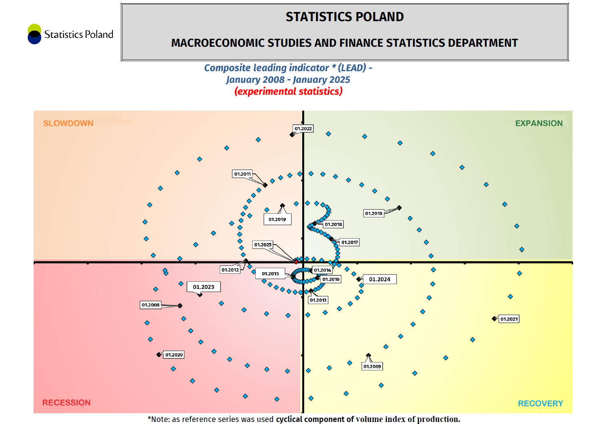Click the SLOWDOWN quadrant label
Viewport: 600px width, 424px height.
point(68,123)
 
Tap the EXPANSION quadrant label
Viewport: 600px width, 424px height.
point(539,123)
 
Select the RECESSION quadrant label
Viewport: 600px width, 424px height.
point(66,402)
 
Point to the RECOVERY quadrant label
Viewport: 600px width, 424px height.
point(540,403)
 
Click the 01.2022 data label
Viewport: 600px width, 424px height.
point(303,129)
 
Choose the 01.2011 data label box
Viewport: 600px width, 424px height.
point(243,174)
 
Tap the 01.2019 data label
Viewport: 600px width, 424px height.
point(277,219)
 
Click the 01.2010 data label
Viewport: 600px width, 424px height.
point(373,213)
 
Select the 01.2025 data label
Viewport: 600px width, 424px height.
point(263,245)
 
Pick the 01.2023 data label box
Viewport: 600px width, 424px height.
point(203,287)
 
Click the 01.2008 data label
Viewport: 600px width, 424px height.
point(151,305)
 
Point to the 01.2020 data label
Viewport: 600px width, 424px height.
point(174,355)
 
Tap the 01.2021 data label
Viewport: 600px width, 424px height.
point(509,319)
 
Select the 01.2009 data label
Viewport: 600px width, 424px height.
point(372,366)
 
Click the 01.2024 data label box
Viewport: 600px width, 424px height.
point(379,279)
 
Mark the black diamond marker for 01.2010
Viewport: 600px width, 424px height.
point(399,208)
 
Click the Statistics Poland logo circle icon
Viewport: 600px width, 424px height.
point(34,34)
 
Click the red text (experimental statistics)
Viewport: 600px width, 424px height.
point(288,92)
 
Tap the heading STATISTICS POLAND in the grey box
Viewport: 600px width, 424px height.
point(345,17)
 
